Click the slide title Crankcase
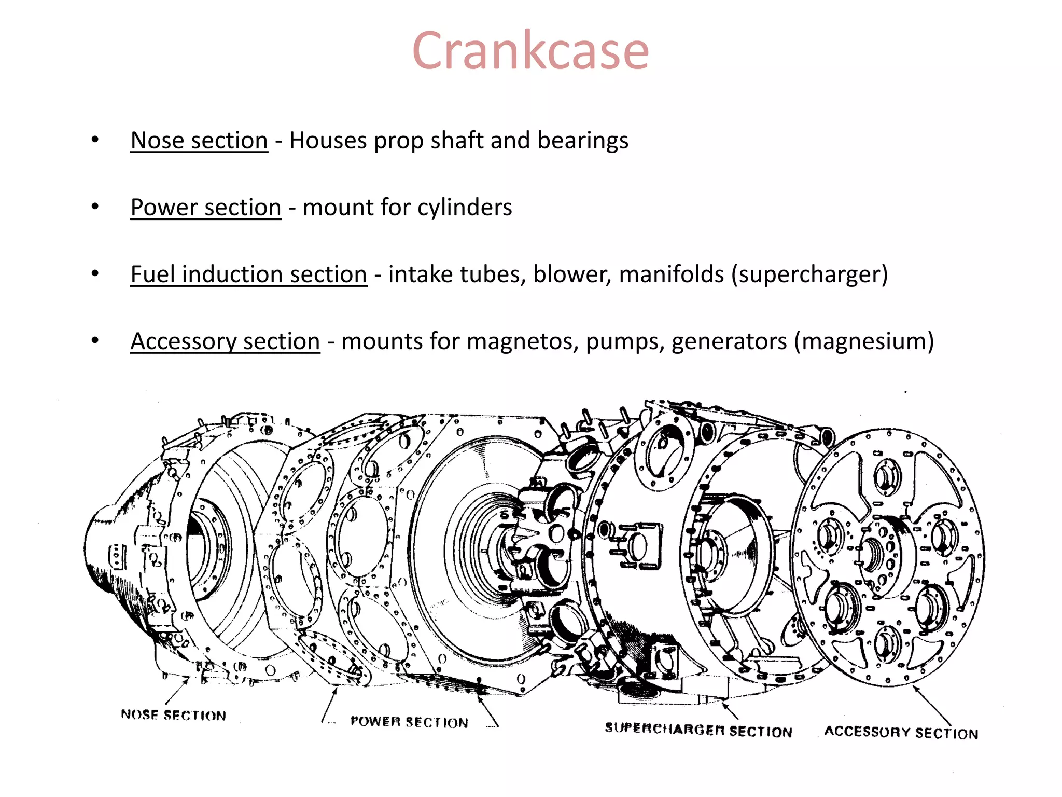pyautogui.click(x=530, y=51)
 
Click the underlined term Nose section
pyautogui.click(x=199, y=140)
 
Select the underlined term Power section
pyautogui.click(x=206, y=207)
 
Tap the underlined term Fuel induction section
pyautogui.click(x=248, y=274)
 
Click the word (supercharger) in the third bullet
pyautogui.click(x=809, y=274)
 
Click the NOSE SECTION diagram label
pyautogui.click(x=173, y=715)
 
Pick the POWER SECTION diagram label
pyautogui.click(x=409, y=722)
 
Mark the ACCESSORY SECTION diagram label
pyautogui.click(x=901, y=732)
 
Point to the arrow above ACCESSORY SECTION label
pyautogui.click(x=932, y=705)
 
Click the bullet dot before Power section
pyautogui.click(x=95, y=207)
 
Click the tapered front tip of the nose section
pyautogui.click(x=93, y=545)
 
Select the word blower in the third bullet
pyautogui.click(x=570, y=274)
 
